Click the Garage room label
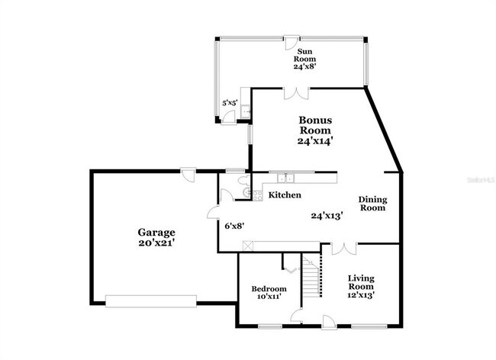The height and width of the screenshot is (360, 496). click(x=156, y=232)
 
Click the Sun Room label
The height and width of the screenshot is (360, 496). click(x=304, y=55)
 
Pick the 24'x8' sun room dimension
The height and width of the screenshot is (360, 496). click(x=304, y=66)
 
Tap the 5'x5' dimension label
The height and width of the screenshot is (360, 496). click(x=229, y=101)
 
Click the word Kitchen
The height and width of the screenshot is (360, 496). click(x=285, y=196)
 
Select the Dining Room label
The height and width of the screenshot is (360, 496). click(x=373, y=204)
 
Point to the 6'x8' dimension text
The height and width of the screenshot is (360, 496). click(x=234, y=226)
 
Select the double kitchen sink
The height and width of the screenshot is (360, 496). click(x=287, y=178)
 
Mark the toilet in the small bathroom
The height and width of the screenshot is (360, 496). click(x=242, y=181)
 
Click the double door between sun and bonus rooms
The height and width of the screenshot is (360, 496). click(x=297, y=93)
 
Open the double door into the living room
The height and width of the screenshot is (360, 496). click(x=344, y=248)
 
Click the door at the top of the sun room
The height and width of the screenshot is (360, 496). click(x=291, y=37)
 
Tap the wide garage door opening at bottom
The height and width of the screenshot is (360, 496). click(x=144, y=300)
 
